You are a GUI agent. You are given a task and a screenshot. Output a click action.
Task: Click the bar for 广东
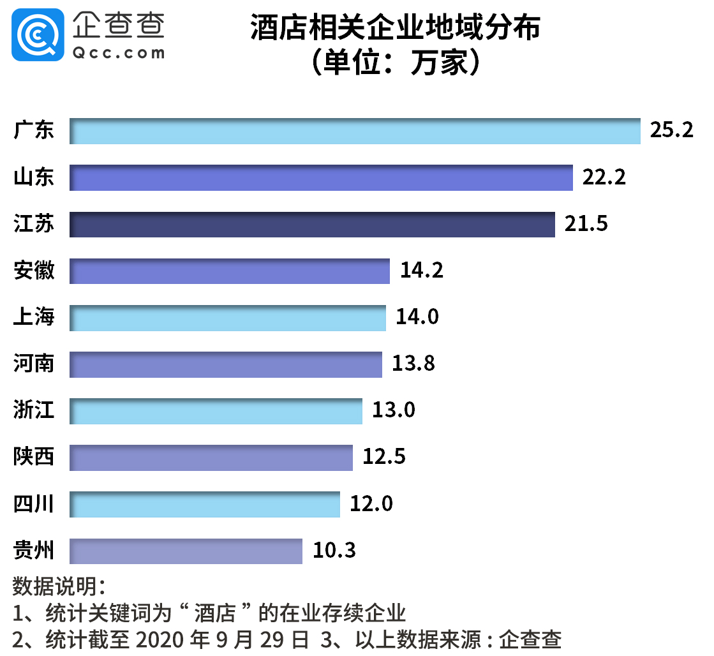(x=355, y=131)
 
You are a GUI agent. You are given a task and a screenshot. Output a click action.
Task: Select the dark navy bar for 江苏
(x=312, y=225)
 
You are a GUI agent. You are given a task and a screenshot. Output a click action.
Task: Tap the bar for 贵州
(x=186, y=551)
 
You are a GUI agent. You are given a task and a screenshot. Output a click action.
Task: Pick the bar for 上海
(x=228, y=318)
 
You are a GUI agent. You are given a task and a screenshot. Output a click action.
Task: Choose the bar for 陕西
(x=211, y=458)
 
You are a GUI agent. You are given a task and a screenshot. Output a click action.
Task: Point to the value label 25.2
(x=671, y=130)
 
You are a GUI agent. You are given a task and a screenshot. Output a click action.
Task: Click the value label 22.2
(x=604, y=177)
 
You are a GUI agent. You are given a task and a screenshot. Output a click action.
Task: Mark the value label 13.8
(x=413, y=364)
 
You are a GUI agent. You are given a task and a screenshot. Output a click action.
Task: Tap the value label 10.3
(x=334, y=550)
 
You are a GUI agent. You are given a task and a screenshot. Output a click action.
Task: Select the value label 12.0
(x=371, y=504)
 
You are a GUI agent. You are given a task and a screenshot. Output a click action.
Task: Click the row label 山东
(x=34, y=178)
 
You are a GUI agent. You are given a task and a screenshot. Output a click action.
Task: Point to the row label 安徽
(x=34, y=271)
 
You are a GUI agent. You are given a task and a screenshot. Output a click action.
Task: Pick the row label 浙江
(x=34, y=410)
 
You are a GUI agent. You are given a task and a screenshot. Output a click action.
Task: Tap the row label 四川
(x=34, y=504)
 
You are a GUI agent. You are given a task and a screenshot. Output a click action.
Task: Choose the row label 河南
(x=34, y=364)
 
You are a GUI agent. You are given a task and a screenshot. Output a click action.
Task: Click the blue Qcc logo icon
(x=38, y=34)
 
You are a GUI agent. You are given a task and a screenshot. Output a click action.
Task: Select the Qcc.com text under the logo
(x=119, y=54)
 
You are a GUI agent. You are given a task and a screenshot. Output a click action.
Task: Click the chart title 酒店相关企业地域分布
(x=395, y=29)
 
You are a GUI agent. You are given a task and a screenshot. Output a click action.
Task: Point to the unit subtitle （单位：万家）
(x=395, y=63)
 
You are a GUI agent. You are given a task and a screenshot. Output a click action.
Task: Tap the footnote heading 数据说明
(x=57, y=586)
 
